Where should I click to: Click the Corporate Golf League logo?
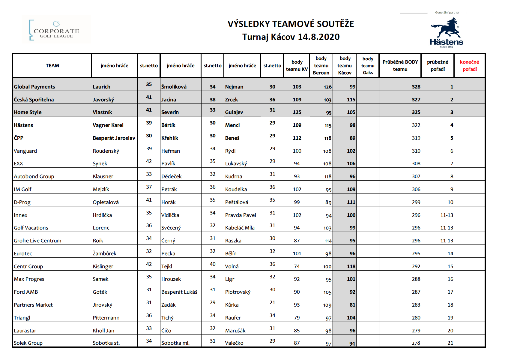(x=56, y=29)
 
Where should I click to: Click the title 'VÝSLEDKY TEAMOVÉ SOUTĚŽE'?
(x=291, y=24)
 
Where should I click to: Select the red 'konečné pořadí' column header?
(x=469, y=65)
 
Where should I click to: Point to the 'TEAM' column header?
(x=52, y=65)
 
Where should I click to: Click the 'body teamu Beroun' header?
(x=321, y=65)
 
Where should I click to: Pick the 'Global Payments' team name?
(x=34, y=87)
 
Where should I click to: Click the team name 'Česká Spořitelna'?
(x=34, y=100)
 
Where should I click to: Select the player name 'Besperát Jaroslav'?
(x=114, y=138)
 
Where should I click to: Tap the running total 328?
(x=416, y=87)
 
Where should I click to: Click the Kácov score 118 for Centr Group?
(x=351, y=266)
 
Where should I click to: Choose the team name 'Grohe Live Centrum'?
(x=37, y=241)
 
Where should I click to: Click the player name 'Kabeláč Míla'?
(x=240, y=228)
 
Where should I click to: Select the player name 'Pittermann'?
(x=106, y=318)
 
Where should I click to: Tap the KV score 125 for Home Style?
(x=297, y=112)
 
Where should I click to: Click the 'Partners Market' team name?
(x=33, y=305)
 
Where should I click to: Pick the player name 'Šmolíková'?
(x=174, y=87)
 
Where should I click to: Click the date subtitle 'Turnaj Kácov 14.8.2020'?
(x=291, y=37)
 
